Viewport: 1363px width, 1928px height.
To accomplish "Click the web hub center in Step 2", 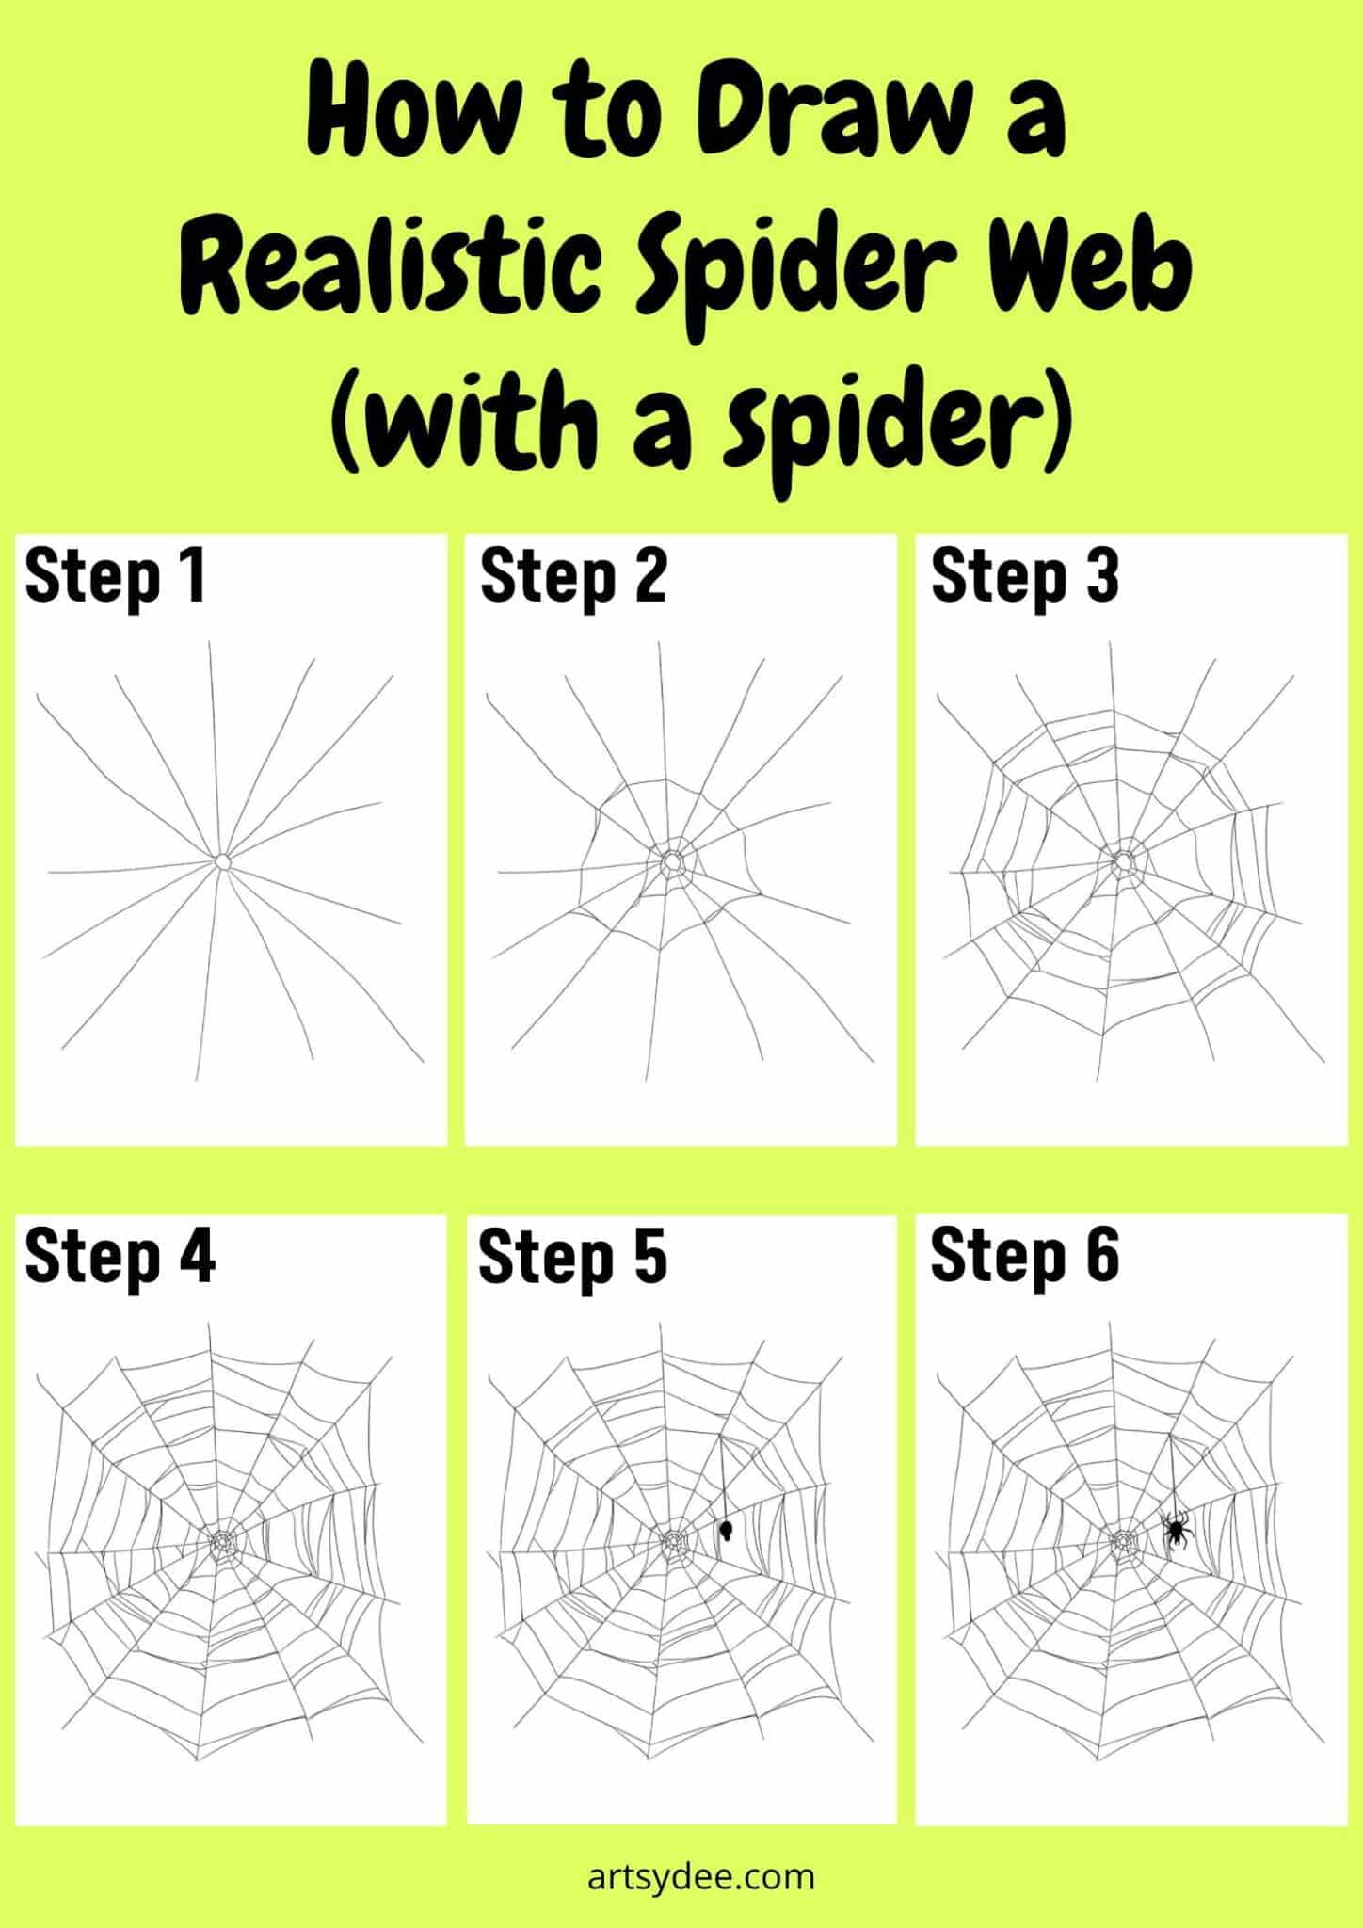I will point(672,861).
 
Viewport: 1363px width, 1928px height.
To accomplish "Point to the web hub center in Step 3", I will point(1123,861).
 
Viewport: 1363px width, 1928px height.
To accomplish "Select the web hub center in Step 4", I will point(223,1542).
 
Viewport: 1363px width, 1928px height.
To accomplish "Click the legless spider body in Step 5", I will point(726,1529).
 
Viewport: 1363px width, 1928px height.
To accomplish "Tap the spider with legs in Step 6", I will point(1176,1531).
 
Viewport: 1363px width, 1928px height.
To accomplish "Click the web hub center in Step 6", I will point(1123,1542).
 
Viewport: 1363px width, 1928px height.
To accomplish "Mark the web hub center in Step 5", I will point(672,1542).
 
